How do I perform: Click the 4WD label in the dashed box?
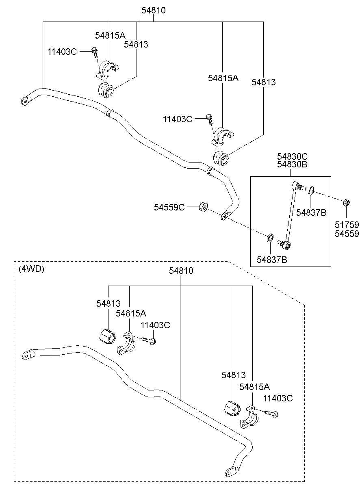[x=31, y=269]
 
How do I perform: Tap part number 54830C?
[x=292, y=156]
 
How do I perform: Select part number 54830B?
[x=292, y=164]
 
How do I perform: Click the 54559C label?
[x=169, y=207]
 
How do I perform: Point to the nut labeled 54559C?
[x=204, y=207]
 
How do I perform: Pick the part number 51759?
[x=347, y=225]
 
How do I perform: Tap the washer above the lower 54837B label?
[x=270, y=238]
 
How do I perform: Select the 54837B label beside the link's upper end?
[x=311, y=212]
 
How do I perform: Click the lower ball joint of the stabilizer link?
[x=285, y=245]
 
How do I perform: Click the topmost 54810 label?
[x=153, y=10]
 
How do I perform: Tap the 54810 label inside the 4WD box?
[x=181, y=271]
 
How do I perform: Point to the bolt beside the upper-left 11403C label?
[x=95, y=52]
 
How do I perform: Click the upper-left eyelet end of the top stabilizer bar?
[x=26, y=101]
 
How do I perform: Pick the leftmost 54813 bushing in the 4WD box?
[x=106, y=336]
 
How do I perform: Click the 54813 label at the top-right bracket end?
[x=263, y=82]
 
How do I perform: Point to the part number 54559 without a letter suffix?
[x=347, y=234]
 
